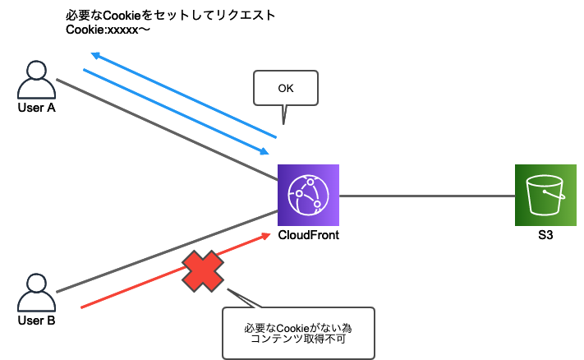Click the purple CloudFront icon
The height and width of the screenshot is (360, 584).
(x=308, y=196)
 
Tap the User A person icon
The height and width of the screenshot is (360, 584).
(x=36, y=80)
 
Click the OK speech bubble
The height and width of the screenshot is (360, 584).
(x=285, y=89)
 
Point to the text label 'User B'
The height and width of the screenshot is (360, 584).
(x=36, y=321)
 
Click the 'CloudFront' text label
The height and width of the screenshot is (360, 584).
(x=308, y=235)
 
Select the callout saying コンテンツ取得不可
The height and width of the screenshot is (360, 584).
(x=298, y=332)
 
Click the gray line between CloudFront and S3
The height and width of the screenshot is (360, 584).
(x=427, y=196)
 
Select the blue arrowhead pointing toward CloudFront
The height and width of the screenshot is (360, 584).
(x=264, y=151)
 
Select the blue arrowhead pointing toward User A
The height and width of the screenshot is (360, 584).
(x=94, y=55)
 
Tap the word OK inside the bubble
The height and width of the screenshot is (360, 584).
(x=285, y=87)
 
